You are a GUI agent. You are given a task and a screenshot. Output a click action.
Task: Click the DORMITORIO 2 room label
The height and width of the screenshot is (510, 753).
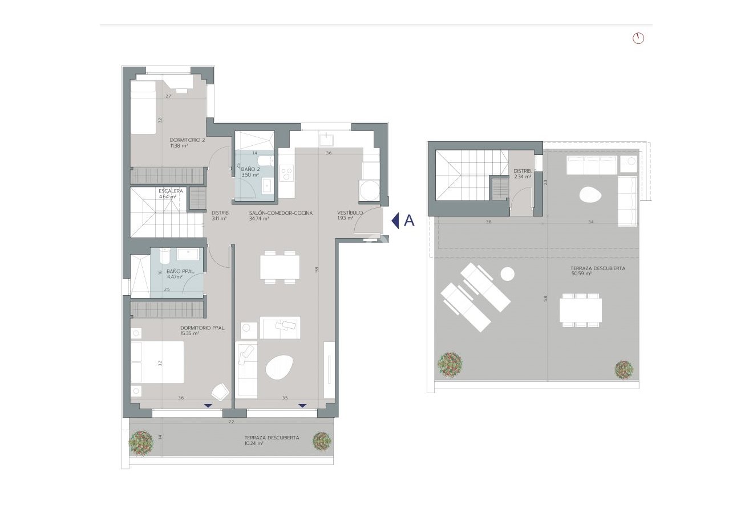pos(187,140)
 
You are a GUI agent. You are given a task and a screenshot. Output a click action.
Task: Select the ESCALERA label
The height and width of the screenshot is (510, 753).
pos(171,191)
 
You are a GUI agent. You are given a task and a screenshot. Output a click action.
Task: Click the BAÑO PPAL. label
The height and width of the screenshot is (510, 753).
pos(174,272)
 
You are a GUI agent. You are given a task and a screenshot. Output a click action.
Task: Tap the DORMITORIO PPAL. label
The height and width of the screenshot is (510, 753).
pos(202,328)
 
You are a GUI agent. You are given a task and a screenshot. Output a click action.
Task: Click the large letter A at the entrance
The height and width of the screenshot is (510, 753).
pos(409,221)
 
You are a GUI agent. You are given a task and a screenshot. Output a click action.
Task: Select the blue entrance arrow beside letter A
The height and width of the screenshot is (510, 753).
pos(395,221)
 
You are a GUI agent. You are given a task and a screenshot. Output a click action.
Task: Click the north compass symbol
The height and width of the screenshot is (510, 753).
pos(638,38)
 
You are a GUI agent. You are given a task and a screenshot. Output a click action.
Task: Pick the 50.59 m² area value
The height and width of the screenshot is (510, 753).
pos(581,274)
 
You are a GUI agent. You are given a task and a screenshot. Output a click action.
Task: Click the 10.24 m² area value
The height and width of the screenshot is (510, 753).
pos(254,443)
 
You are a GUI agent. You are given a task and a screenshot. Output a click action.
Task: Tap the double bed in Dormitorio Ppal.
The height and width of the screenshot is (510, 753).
pos(157,362)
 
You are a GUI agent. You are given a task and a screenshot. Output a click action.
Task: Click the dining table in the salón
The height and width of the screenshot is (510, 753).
pos(280,267)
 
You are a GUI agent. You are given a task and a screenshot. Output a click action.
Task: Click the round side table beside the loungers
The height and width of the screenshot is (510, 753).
pos(507,275)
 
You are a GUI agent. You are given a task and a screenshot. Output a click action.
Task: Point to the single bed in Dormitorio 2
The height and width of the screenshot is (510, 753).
pos(143,107)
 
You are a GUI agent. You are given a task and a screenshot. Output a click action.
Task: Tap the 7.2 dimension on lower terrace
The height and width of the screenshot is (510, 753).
pos(231,422)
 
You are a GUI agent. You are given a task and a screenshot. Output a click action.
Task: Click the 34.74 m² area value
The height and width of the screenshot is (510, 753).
pos(259,218)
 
